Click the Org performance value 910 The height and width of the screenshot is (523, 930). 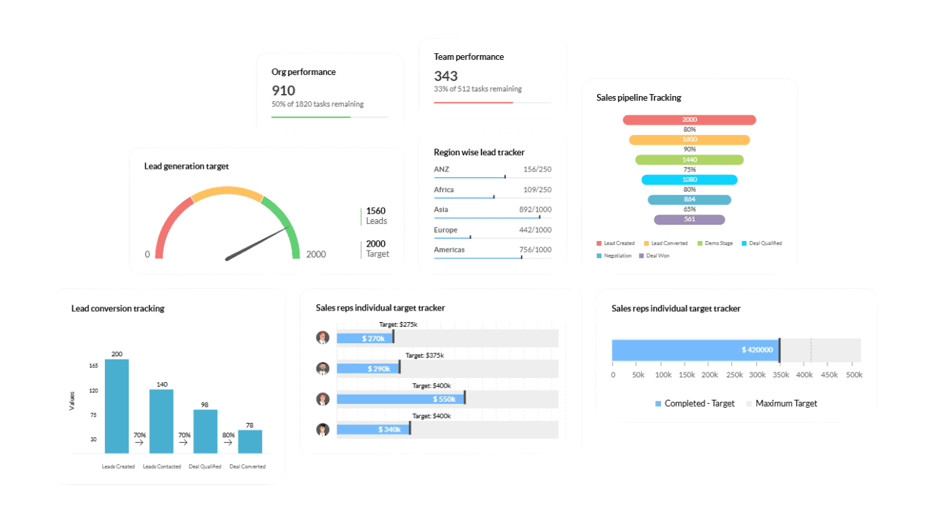tap(283, 91)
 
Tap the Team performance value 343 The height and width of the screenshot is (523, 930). tap(446, 76)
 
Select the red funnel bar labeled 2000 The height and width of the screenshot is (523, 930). tap(689, 120)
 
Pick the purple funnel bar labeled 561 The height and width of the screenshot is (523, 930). tap(689, 220)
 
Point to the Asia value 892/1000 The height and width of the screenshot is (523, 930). tap(535, 210)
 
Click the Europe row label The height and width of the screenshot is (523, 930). tap(445, 230)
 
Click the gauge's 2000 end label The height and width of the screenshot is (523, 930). tap(316, 255)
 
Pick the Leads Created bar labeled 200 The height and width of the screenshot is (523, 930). tap(117, 405)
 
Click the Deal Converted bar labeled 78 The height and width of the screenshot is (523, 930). tap(250, 441)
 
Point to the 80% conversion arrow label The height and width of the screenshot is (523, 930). tap(228, 435)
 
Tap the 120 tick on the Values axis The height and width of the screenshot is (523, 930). tap(93, 391)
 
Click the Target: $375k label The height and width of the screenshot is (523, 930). tap(424, 355)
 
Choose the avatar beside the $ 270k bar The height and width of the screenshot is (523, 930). tap(323, 338)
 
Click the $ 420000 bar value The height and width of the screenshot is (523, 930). tap(757, 350)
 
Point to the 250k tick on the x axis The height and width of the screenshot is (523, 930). tap(735, 375)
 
